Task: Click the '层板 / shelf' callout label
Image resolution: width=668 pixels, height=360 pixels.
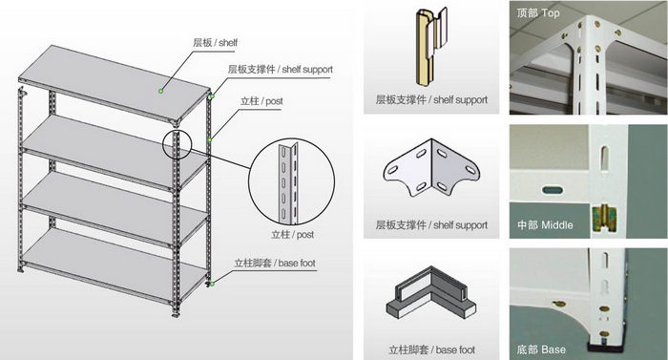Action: coord(215,43)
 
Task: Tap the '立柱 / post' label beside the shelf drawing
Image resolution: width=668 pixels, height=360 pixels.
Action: coord(261,101)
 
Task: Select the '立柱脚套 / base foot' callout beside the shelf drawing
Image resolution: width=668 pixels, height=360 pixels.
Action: coord(275,263)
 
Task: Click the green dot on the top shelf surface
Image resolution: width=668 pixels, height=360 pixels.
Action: coord(160,91)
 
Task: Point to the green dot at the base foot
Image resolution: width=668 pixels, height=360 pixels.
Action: coord(212,284)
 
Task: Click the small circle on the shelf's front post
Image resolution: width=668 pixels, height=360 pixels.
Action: coord(177,144)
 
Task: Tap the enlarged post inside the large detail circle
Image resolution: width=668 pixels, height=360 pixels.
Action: coord(288,182)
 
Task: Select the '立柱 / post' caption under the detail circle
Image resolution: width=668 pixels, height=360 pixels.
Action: coord(293,235)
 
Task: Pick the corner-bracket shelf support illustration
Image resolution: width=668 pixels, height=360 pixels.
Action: coord(431,168)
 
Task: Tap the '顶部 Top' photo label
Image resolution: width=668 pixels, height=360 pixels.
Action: coord(537,13)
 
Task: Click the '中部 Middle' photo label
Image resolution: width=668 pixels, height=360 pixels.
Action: coord(545,224)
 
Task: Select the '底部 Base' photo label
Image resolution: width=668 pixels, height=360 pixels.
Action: coord(541,349)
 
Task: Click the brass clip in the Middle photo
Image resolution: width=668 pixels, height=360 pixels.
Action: coord(605,219)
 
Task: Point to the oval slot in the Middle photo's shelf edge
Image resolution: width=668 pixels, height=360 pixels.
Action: coord(553,189)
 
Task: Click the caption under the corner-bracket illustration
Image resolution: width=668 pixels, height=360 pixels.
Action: coord(431,224)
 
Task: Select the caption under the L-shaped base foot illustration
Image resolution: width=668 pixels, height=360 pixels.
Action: coord(431,349)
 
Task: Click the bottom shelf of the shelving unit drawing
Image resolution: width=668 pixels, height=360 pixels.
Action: coord(115,265)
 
